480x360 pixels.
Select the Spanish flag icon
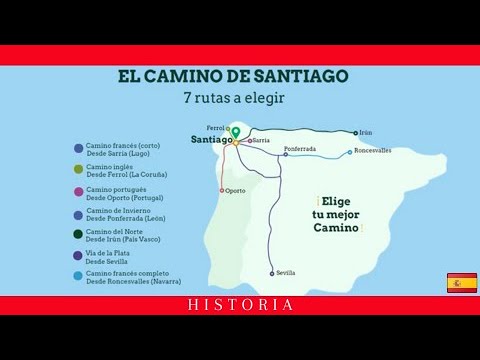coord(461,282)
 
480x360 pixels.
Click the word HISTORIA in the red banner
coord(240,305)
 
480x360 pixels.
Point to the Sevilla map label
coord(286,272)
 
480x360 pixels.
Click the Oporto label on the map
coord(235,190)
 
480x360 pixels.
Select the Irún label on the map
coord(366,132)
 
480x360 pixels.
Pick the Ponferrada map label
coord(299,149)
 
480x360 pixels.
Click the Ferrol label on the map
coord(215,128)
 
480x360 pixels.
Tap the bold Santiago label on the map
coord(210,141)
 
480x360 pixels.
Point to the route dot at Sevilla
coord(272,273)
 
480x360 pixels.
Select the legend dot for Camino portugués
coord(79,192)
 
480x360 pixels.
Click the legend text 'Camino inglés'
coord(109,167)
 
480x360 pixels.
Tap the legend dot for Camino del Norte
coord(79,235)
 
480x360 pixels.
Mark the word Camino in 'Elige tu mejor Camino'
coord(334,228)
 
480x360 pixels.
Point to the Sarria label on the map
coord(261,141)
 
